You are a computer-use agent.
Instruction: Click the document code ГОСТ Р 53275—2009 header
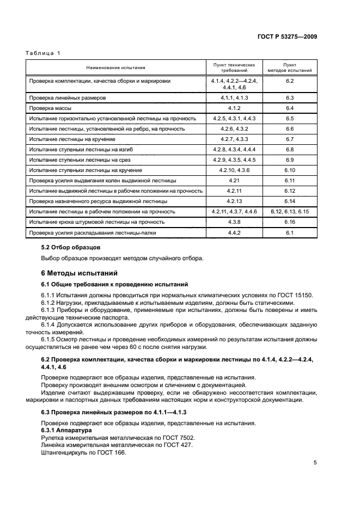tap(287, 37)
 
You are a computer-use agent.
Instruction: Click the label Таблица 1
tap(43, 53)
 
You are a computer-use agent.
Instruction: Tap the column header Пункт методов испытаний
tap(289, 68)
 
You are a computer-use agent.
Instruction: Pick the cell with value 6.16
tap(289, 222)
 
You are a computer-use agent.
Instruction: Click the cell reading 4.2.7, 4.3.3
tap(234, 139)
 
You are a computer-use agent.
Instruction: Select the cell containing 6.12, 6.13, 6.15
tap(289, 211)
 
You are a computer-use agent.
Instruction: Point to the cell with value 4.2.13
tap(234, 201)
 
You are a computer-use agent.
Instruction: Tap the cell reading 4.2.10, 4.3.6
tap(234, 170)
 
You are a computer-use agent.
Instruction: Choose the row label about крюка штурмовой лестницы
tap(95, 222)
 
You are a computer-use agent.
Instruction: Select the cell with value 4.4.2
tap(234, 233)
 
